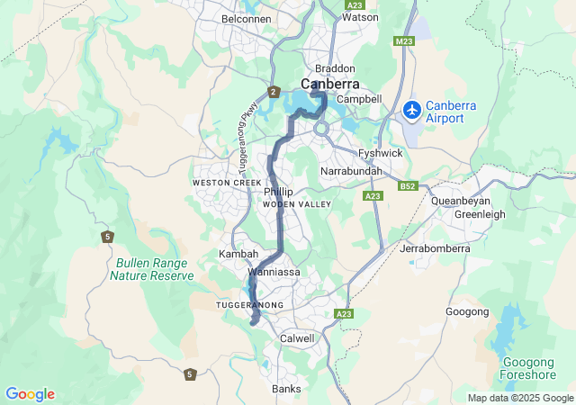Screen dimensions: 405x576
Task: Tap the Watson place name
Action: (360, 17)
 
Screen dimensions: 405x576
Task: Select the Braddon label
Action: (335, 68)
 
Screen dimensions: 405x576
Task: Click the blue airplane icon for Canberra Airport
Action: (412, 110)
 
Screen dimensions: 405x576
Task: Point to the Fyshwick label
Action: (380, 154)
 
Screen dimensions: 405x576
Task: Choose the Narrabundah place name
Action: (352, 171)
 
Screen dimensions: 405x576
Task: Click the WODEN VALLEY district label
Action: (297, 205)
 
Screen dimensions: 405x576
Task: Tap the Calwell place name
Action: (297, 338)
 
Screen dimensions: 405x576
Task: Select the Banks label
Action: (286, 389)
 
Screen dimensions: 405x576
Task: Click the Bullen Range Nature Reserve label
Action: (151, 269)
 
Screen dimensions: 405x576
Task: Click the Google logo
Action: (30, 394)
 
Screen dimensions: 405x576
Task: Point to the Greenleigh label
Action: (480, 215)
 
